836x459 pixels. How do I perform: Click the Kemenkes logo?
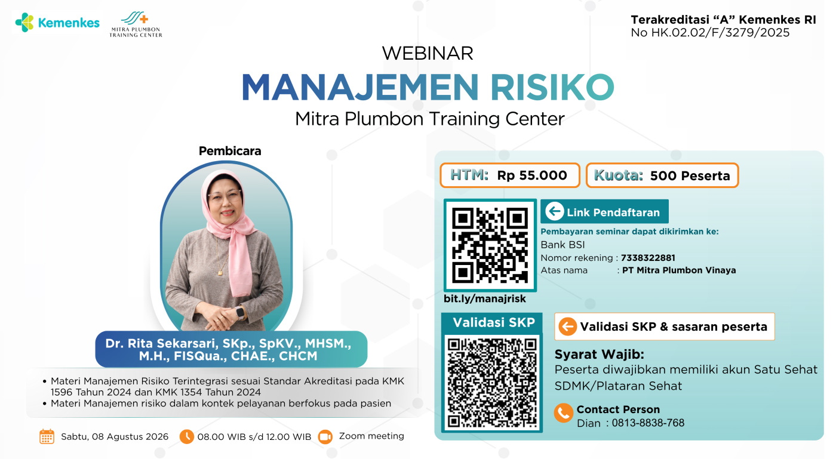click(x=57, y=23)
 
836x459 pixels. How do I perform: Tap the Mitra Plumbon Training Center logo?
click(x=136, y=24)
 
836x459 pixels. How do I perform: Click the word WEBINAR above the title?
click(x=428, y=53)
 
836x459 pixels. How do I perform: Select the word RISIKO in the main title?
click(x=552, y=87)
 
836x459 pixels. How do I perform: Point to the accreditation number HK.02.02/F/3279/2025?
click(x=720, y=33)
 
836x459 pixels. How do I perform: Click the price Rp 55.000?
click(x=532, y=175)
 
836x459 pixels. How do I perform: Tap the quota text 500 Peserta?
click(x=690, y=175)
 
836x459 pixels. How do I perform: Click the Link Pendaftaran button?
click(x=604, y=211)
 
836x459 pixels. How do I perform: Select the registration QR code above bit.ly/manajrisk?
click(x=490, y=245)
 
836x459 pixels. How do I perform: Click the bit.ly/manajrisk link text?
click(x=484, y=298)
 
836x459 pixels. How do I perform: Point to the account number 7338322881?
click(x=648, y=258)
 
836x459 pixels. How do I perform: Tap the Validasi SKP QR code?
click(x=492, y=383)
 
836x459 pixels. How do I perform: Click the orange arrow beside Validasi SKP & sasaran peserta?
click(x=568, y=326)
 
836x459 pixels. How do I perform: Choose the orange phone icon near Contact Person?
click(x=564, y=413)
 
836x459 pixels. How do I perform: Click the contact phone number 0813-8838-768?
click(x=648, y=423)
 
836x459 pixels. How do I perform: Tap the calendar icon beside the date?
click(x=47, y=436)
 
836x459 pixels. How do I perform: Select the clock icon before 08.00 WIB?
click(x=186, y=436)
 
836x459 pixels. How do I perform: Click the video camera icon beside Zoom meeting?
click(x=325, y=437)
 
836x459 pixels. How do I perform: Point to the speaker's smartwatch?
click(x=240, y=313)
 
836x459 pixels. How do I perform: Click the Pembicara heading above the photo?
click(x=230, y=151)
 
